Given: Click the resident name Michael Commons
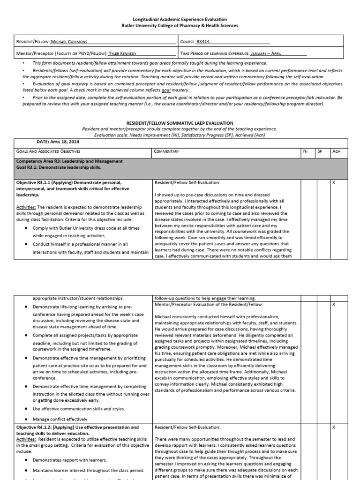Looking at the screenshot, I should click(x=69, y=42).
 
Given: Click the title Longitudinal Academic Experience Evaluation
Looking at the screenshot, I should click(x=180, y=19).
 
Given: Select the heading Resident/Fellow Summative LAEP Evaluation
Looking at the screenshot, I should click(x=180, y=123).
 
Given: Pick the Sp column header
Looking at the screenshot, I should click(x=320, y=151).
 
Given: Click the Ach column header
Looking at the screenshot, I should click(x=335, y=151).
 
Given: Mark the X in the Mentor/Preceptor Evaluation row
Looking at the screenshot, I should click(x=334, y=305).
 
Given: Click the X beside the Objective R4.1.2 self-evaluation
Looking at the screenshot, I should click(x=334, y=427).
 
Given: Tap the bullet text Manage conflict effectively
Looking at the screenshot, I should click(x=60, y=419).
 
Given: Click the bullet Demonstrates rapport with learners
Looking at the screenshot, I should click(x=69, y=460).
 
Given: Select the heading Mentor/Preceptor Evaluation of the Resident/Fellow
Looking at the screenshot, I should click(x=205, y=305).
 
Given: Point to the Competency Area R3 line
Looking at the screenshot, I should click(x=69, y=161).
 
